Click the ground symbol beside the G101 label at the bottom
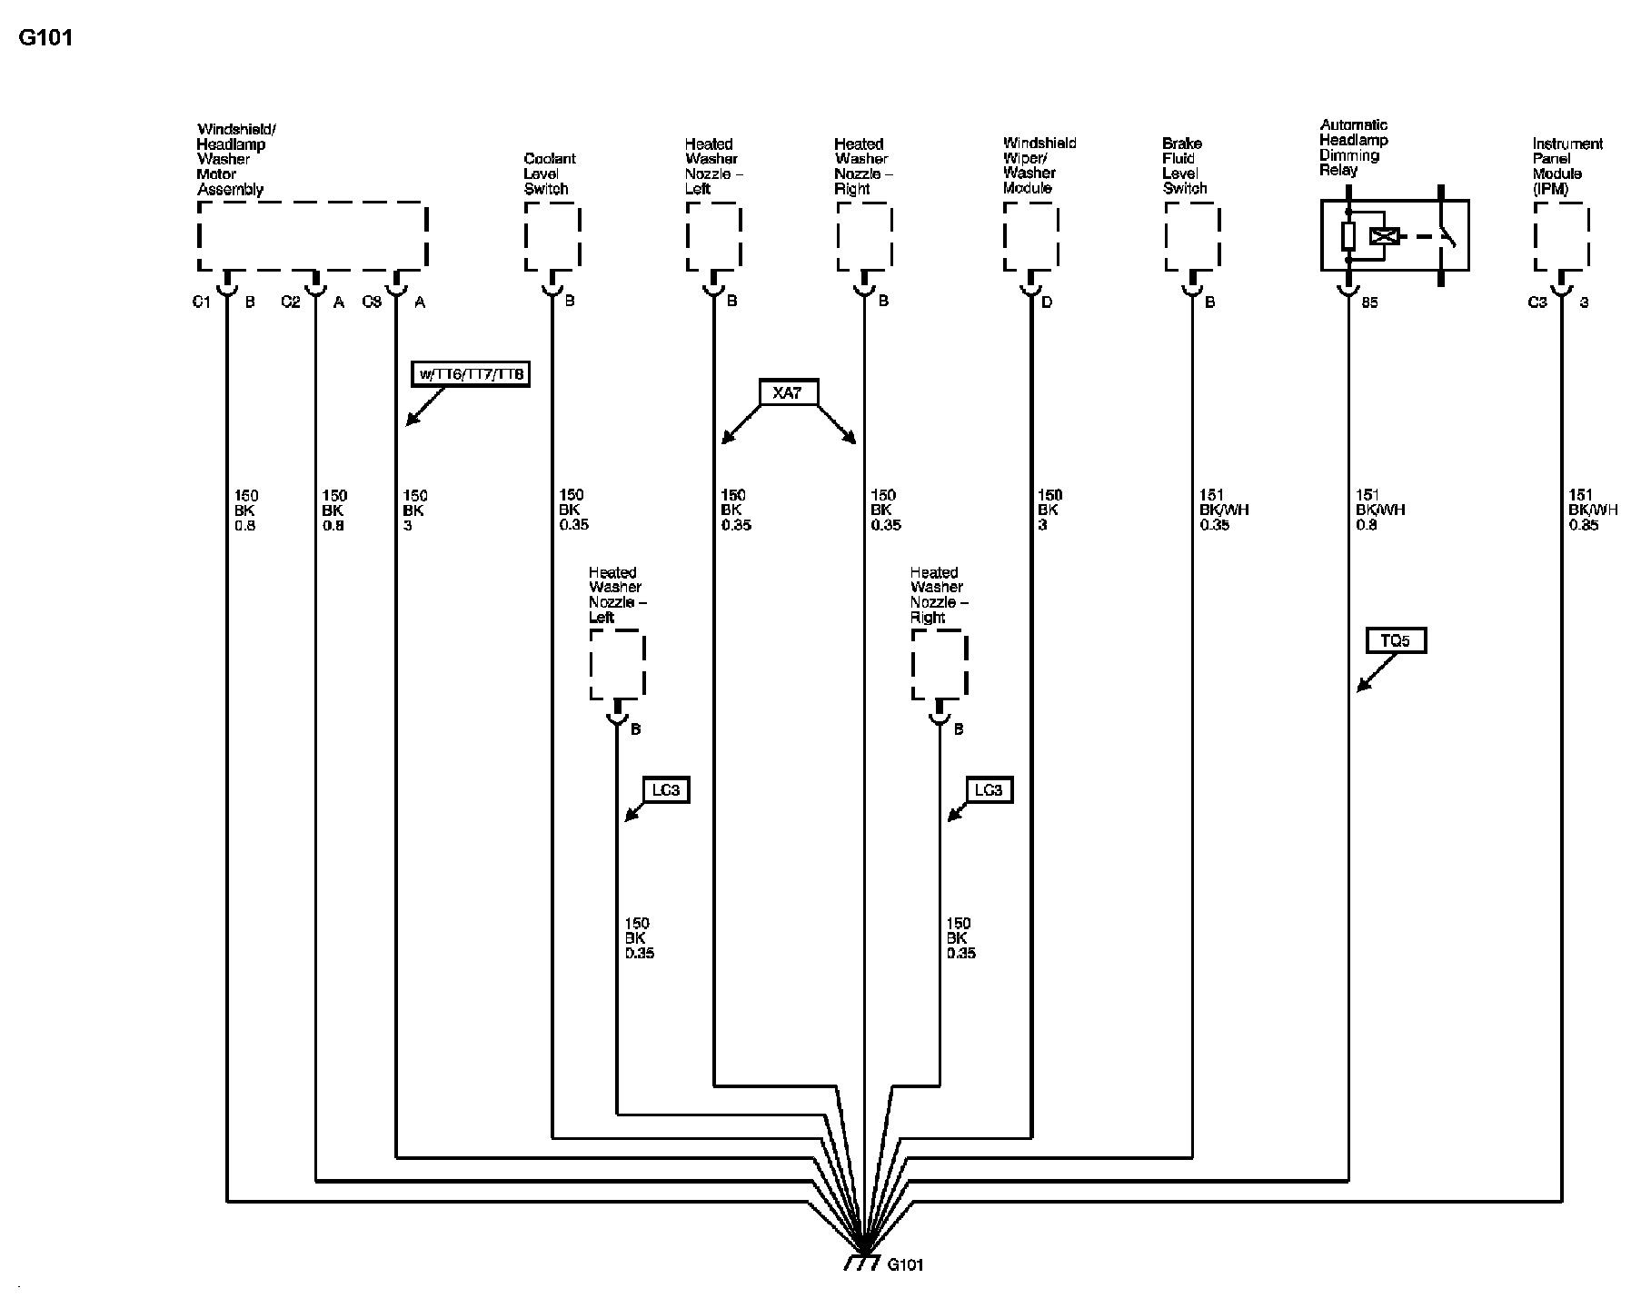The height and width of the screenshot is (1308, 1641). (x=861, y=1263)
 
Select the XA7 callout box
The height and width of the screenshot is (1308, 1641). (x=788, y=392)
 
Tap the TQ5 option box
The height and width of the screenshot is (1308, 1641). (x=1395, y=640)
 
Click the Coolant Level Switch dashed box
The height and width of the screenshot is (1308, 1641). (x=552, y=236)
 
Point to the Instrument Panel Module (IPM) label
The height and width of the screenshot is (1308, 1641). (x=1566, y=166)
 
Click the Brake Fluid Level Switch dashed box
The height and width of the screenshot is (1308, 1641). (x=1192, y=236)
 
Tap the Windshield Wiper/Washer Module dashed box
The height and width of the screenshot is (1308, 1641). (x=1031, y=236)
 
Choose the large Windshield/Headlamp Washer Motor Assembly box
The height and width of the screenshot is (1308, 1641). (x=312, y=236)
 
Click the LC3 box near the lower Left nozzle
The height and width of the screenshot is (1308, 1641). (x=665, y=790)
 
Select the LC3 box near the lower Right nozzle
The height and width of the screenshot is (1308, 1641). (x=988, y=790)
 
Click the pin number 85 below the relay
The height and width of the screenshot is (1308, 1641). (x=1369, y=302)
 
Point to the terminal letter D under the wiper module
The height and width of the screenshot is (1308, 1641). (x=1047, y=302)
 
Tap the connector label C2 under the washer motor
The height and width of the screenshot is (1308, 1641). (x=290, y=302)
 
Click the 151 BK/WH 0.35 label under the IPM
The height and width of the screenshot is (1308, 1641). (x=1592, y=510)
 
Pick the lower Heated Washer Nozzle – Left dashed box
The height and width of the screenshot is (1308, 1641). (x=618, y=665)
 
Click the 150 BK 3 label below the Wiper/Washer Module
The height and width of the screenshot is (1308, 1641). (x=1049, y=510)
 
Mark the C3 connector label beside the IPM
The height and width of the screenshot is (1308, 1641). (x=1537, y=302)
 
